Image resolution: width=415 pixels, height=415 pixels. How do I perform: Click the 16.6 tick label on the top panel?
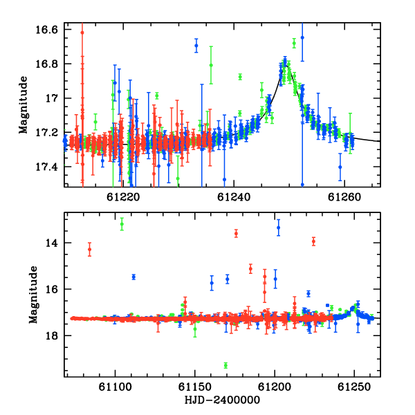pos(46,30)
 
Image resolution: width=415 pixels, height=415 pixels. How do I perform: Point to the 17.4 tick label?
pos(46,167)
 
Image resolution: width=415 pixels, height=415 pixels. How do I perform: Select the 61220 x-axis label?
pos(123,197)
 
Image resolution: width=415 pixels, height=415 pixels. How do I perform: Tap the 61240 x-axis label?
pos(234,197)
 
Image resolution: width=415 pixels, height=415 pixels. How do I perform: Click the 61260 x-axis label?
pos(344,197)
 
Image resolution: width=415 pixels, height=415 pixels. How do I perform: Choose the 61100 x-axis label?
pos(115,387)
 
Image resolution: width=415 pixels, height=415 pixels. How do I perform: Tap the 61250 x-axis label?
pos(354,387)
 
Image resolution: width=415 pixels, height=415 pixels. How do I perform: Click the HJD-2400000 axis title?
pos(222,400)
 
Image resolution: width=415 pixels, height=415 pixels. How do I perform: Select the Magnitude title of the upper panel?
pos(24,105)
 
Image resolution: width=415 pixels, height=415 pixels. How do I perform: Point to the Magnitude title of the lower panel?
pos(33,295)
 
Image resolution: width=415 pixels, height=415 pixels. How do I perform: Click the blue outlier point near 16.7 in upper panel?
pos(196,46)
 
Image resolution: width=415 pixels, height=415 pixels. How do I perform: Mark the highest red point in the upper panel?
pos(82,33)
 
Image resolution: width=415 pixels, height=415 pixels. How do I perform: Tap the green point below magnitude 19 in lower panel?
pos(225,365)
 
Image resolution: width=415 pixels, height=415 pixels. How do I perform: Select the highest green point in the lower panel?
pos(122,224)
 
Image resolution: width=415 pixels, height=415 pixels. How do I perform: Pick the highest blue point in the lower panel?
pos(279,228)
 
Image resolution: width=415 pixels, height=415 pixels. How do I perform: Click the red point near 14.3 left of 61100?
pos(90,249)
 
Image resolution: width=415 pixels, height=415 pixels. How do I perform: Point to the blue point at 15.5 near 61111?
pos(133,277)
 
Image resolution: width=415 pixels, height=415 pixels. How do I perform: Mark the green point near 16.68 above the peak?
pos(294,44)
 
